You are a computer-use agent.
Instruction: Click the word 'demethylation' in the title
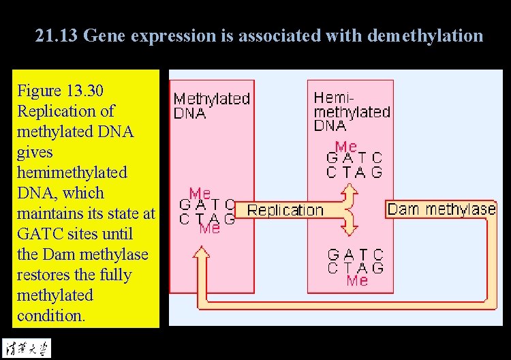pyautogui.click(x=424, y=35)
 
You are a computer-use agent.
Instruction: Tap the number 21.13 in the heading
pyautogui.click(x=56, y=35)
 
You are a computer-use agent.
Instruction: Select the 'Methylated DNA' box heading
pyautogui.click(x=211, y=106)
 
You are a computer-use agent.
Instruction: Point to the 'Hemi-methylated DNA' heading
pyautogui.click(x=352, y=111)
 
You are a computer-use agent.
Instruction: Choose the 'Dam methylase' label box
pyautogui.click(x=441, y=209)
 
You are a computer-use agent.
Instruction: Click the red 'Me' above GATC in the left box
pyautogui.click(x=200, y=194)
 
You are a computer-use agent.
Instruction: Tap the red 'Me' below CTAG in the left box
pyautogui.click(x=210, y=228)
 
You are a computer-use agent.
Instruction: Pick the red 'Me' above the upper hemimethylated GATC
pyautogui.click(x=346, y=147)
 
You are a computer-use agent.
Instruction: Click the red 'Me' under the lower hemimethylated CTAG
pyautogui.click(x=357, y=280)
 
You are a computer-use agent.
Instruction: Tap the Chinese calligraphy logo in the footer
pyautogui.click(x=25, y=346)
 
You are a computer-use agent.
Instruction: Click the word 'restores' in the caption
pyautogui.click(x=44, y=275)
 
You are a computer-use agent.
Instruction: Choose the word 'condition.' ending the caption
pyautogui.click(x=51, y=316)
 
